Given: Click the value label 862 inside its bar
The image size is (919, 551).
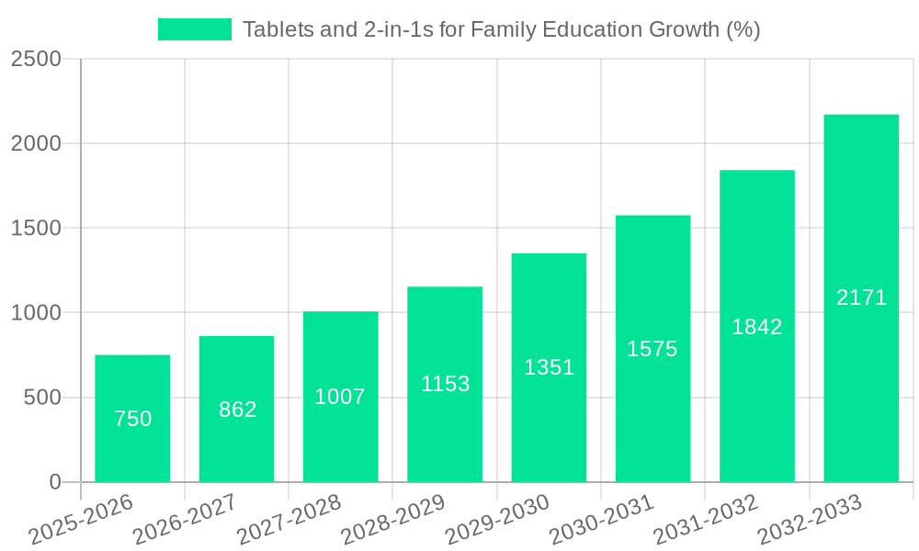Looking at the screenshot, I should click(x=237, y=410).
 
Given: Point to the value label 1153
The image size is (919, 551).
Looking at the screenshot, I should click(x=445, y=384).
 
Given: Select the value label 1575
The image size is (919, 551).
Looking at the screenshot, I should click(x=652, y=349).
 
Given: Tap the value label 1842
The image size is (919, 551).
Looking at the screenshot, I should click(x=756, y=327).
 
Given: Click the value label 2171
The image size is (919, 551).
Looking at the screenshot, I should click(x=861, y=298).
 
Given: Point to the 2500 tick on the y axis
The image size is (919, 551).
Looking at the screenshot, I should click(x=36, y=59).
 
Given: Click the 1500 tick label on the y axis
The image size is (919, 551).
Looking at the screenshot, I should click(x=36, y=229).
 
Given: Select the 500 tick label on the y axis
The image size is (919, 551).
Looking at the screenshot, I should click(x=42, y=398).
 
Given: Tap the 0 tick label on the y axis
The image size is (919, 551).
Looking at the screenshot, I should click(x=54, y=482).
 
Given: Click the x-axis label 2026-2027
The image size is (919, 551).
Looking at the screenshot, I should click(x=185, y=520).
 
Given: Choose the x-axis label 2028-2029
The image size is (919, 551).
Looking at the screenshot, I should click(x=393, y=520).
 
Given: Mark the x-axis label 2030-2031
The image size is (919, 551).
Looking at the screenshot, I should click(x=602, y=520).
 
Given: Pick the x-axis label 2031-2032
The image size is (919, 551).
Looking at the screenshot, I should click(x=706, y=520).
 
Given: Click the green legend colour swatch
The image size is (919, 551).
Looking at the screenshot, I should click(x=195, y=29).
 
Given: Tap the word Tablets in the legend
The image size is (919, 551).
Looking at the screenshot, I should click(x=273, y=29).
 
